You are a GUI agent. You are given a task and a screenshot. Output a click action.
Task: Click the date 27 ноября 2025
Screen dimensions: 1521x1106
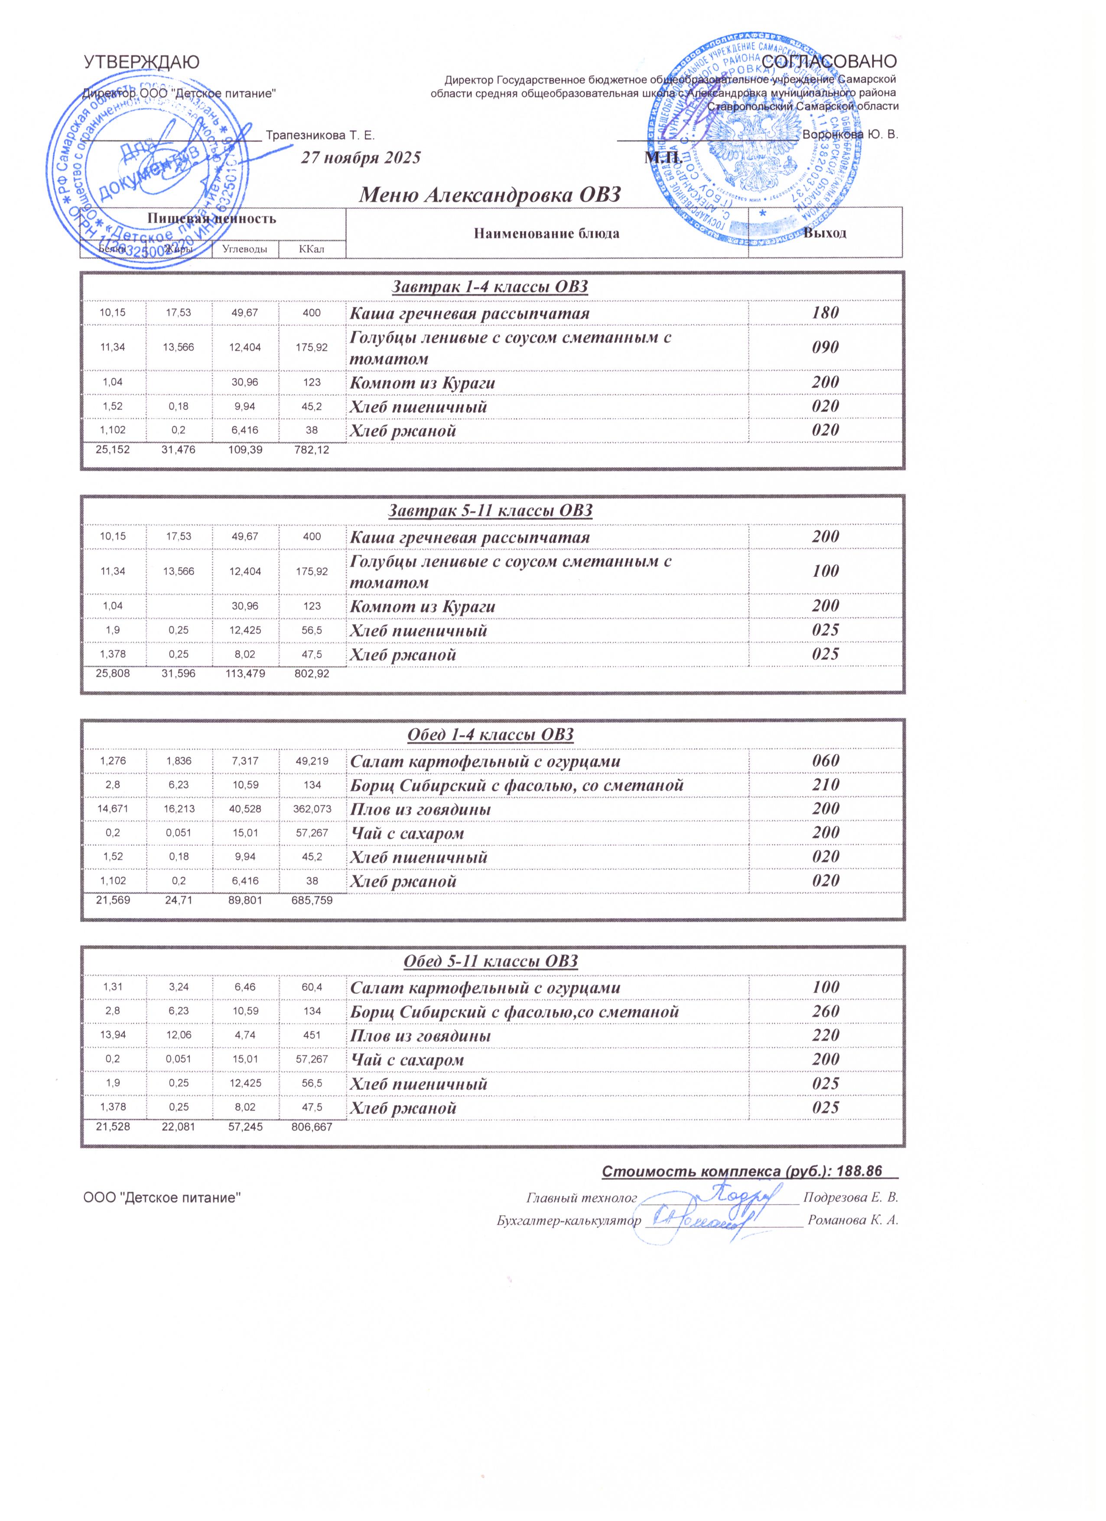pyautogui.click(x=361, y=158)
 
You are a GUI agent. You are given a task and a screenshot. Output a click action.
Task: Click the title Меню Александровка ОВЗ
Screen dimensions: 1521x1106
pyautogui.click(x=490, y=195)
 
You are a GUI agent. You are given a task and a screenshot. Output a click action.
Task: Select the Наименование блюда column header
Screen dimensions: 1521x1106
pyautogui.click(x=546, y=234)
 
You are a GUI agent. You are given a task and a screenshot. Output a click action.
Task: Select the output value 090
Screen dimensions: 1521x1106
pyautogui.click(x=825, y=348)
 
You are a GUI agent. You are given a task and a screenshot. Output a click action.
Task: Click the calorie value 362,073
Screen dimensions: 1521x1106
pyautogui.click(x=312, y=809)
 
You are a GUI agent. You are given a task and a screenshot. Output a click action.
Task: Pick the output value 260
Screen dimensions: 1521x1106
pyautogui.click(x=825, y=1011)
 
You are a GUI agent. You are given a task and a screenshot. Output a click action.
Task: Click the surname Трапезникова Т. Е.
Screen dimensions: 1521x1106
pyautogui.click(x=320, y=136)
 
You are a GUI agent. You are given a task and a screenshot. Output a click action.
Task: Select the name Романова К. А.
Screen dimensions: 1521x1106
pyautogui.click(x=852, y=1220)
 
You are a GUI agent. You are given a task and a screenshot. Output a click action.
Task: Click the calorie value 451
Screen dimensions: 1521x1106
pyautogui.click(x=312, y=1036)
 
